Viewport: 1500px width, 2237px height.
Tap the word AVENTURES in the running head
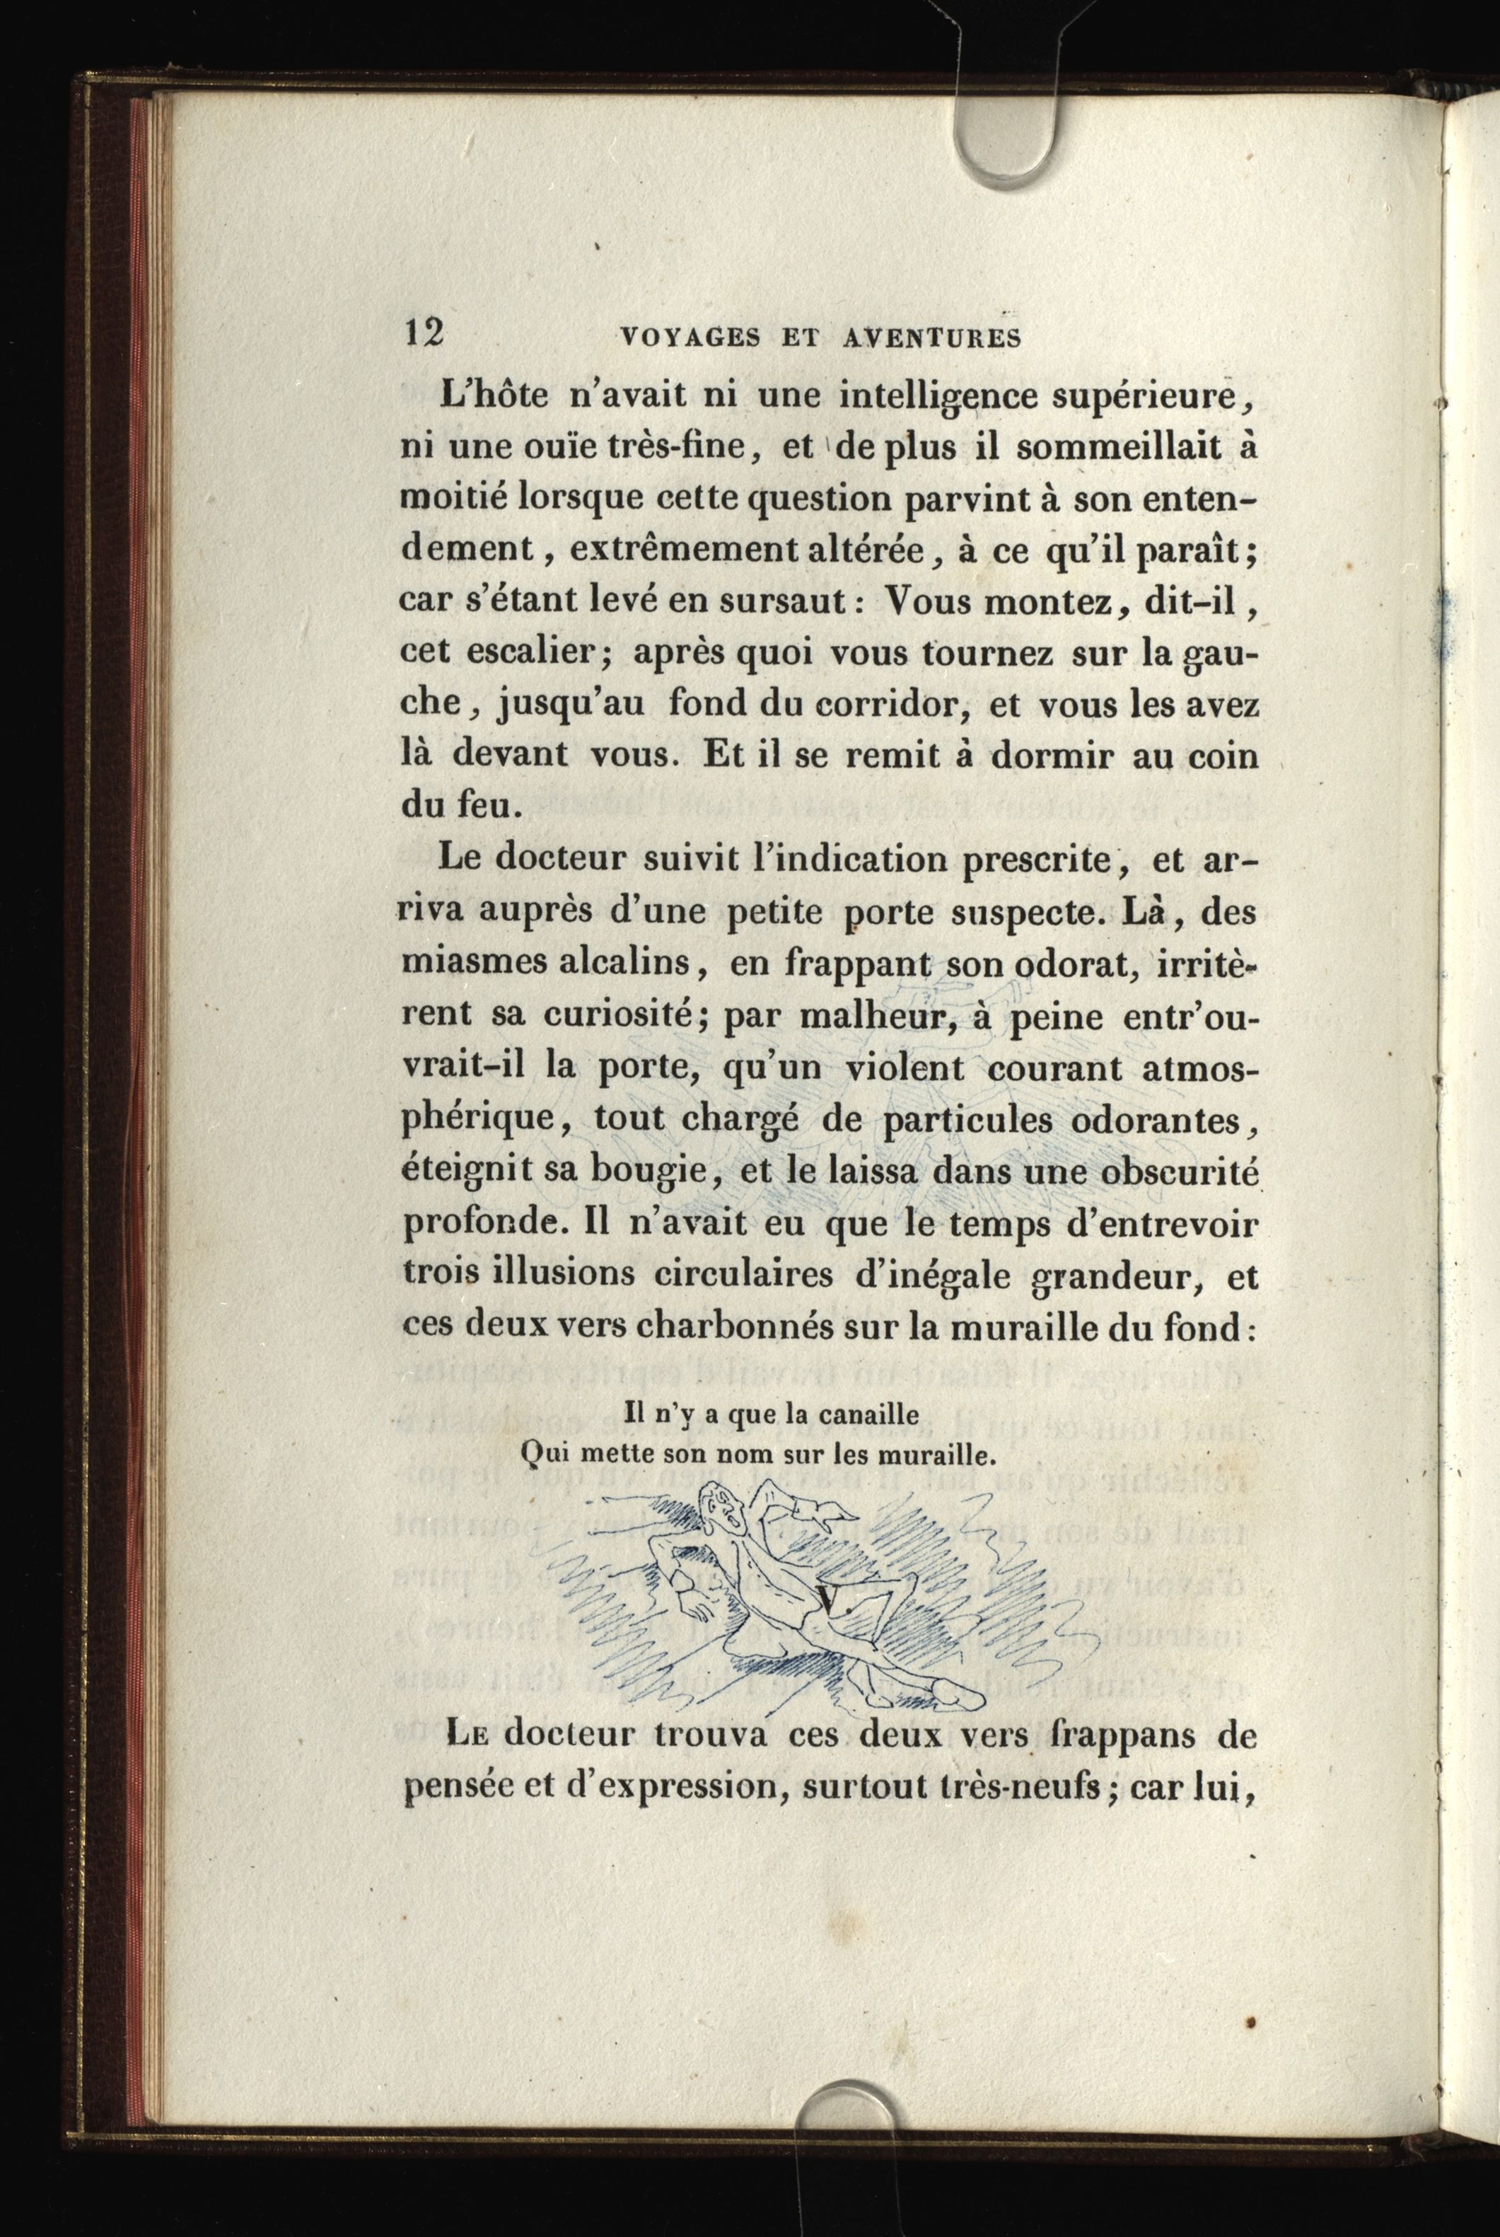tap(934, 337)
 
